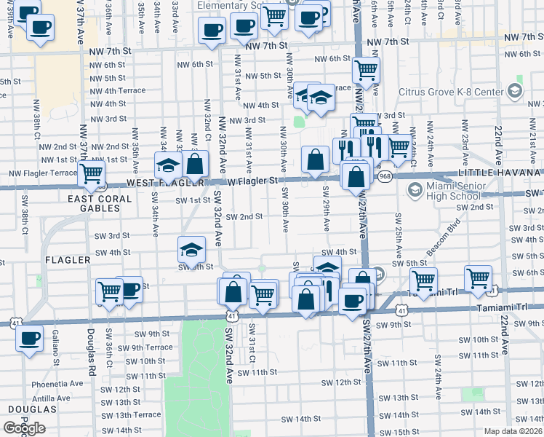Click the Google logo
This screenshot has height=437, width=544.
click(24, 428)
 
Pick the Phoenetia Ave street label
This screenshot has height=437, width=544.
click(57, 384)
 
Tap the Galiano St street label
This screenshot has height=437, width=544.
click(55, 346)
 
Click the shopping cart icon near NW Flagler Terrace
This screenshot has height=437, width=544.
click(92, 173)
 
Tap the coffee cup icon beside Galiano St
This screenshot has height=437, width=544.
click(30, 339)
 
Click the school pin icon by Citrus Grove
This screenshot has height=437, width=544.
click(516, 91)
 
